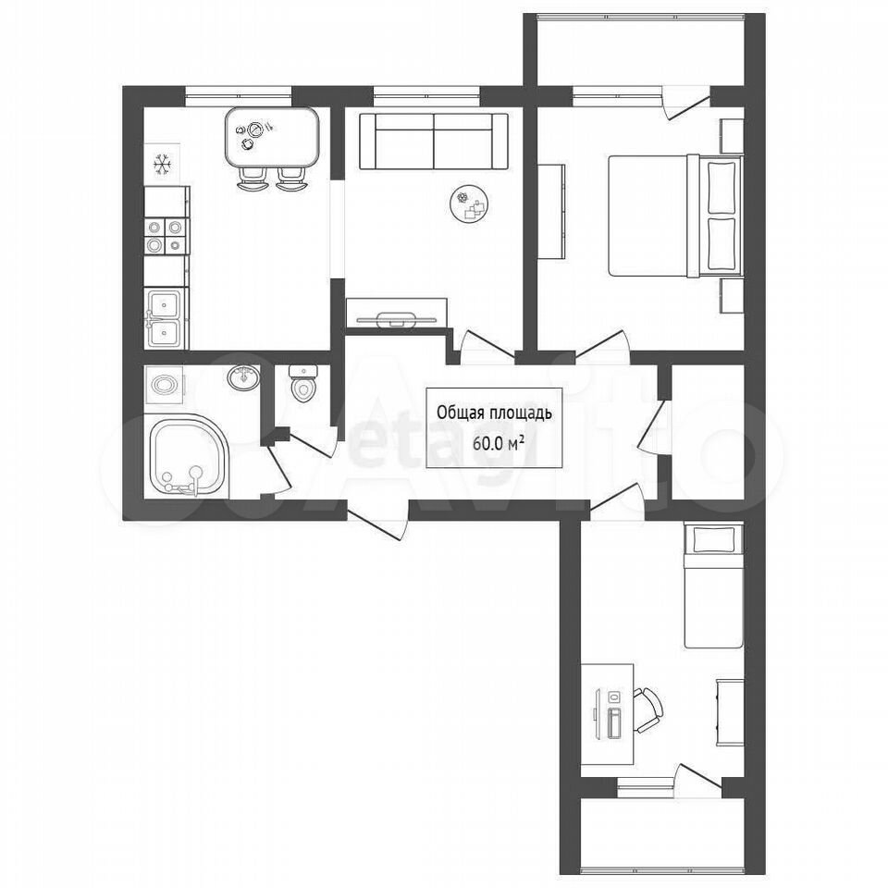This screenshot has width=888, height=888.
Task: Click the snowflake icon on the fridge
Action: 163,165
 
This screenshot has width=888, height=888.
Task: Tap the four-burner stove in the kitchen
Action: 166,236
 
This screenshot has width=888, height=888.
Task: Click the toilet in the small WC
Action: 303,382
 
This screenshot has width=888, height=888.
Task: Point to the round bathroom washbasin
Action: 244,376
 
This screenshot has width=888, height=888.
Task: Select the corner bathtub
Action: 187,456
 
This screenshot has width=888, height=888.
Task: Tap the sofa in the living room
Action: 433,141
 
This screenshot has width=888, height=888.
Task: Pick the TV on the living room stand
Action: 396,319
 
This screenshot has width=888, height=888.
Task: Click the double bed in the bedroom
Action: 675,216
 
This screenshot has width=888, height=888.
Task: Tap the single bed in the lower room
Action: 713,586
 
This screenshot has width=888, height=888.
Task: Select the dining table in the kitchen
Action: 272,137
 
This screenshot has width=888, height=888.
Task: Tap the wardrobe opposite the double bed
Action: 551,212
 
